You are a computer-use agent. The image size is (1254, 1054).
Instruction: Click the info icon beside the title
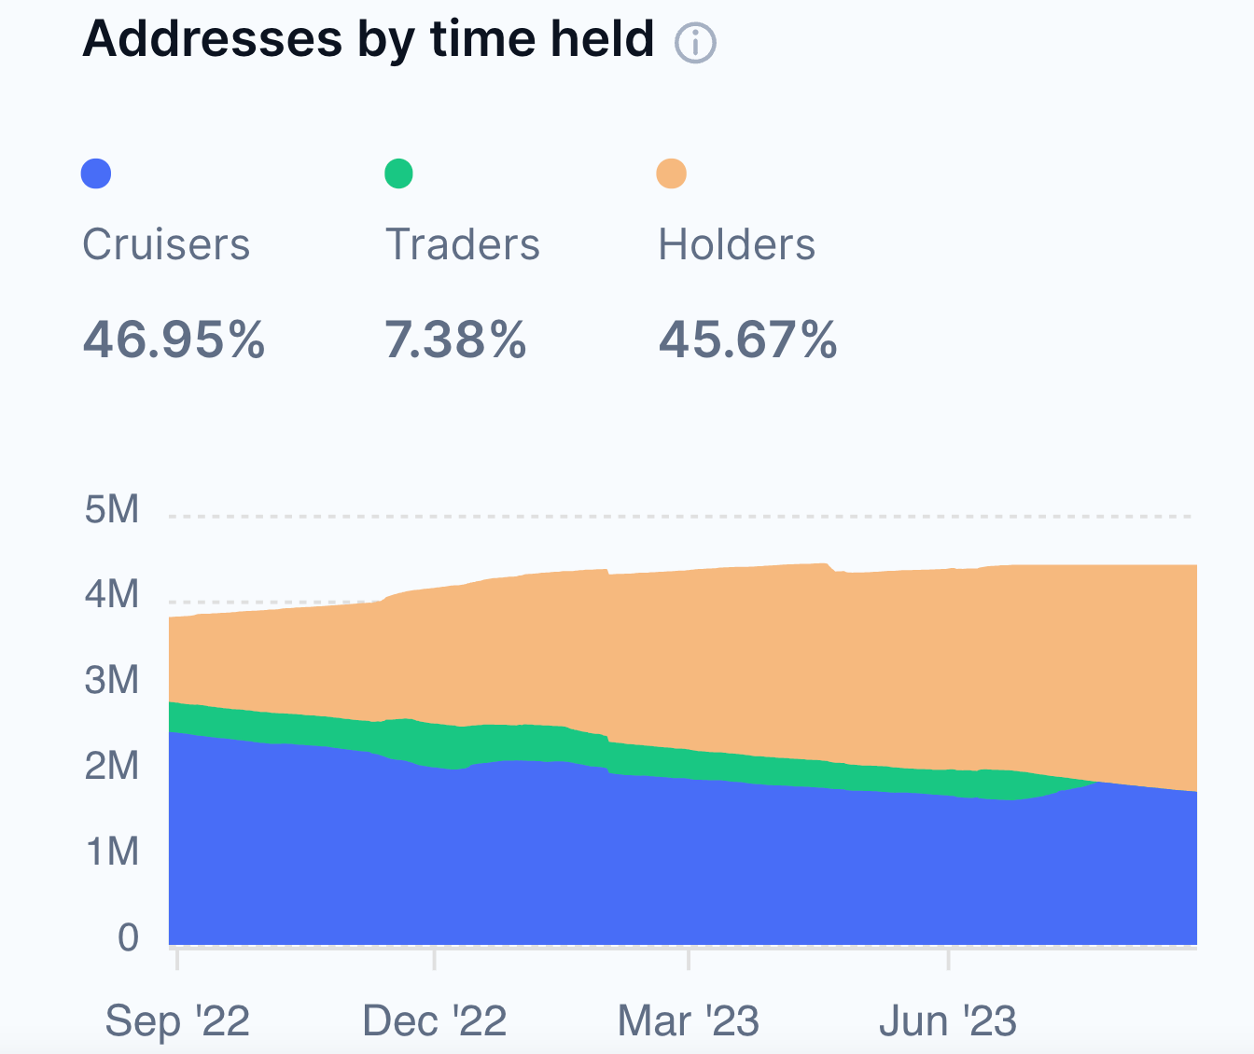(695, 43)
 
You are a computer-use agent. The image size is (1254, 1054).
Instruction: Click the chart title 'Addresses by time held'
(368, 39)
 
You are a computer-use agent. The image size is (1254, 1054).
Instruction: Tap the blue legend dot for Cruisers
(96, 173)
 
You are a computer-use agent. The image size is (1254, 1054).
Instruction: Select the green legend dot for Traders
(398, 173)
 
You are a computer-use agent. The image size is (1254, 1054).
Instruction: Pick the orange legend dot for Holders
(671, 173)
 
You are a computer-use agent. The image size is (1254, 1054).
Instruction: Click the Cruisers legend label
(166, 244)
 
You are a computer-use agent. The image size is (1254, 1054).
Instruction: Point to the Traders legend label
(463, 244)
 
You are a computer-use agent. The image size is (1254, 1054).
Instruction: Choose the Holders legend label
(737, 244)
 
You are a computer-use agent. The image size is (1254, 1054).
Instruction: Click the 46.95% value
(174, 340)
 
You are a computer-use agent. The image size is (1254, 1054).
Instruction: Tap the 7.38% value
(456, 340)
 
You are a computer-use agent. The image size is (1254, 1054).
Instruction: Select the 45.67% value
(748, 340)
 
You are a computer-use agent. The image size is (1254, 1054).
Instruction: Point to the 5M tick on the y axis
(112, 509)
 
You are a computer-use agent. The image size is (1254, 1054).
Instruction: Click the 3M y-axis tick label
(112, 680)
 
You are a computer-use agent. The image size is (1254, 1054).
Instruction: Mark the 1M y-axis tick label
(112, 852)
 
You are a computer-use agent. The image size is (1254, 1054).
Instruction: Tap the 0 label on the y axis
(128, 936)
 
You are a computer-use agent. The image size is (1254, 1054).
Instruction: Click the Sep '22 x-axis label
(177, 1021)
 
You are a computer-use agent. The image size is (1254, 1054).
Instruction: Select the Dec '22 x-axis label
(435, 1021)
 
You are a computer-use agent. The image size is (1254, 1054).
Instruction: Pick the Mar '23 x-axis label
(689, 1021)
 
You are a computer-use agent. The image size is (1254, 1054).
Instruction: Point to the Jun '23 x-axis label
(948, 1021)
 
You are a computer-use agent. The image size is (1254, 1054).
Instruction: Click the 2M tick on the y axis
(112, 766)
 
